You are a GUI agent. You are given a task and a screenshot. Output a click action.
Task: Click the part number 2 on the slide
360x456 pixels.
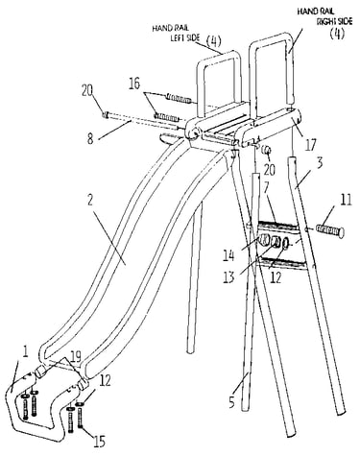90,201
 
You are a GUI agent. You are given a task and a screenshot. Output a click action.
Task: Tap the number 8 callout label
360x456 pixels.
91,139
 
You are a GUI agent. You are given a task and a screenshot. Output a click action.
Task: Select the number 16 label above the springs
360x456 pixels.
134,84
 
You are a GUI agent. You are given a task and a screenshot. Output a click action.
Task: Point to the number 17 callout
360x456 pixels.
310,144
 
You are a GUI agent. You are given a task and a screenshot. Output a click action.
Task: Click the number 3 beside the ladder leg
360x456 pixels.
319,163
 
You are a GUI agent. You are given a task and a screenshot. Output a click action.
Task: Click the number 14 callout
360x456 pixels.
229,255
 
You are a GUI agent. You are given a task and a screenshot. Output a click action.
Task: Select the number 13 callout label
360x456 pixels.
229,276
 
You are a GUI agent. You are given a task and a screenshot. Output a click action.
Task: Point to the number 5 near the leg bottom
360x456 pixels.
232,401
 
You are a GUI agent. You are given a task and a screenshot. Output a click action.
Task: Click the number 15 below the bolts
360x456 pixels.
99,442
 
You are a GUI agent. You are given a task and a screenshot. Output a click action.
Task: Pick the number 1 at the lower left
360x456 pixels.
25,352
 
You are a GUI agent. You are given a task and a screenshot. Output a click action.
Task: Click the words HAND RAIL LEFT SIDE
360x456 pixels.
177,33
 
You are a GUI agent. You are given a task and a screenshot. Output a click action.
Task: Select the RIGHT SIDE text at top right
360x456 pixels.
335,21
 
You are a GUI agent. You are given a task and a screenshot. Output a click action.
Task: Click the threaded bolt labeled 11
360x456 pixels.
329,231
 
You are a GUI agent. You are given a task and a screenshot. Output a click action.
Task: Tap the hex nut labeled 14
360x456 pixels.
264,240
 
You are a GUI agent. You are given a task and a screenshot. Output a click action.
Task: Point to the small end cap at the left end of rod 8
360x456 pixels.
105,114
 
